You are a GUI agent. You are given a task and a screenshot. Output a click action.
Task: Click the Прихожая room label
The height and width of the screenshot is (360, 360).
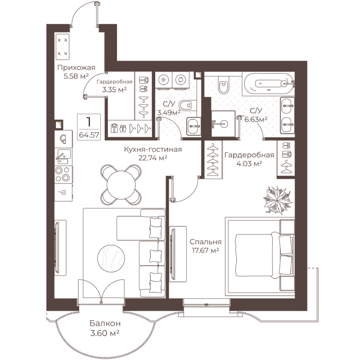tap(76, 67)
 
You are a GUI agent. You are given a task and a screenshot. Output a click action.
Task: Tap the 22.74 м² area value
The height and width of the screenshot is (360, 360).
tap(153, 158)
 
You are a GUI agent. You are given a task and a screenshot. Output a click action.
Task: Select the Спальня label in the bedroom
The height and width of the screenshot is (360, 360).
tap(206, 242)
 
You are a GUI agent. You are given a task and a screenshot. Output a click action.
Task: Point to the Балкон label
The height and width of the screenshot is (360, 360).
tap(105, 323)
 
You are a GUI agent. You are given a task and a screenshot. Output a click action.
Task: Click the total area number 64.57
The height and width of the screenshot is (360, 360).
tap(89, 135)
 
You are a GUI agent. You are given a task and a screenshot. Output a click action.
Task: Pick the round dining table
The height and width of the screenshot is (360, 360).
tap(121, 184)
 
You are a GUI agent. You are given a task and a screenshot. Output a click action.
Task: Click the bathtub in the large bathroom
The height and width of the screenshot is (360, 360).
tap(269, 84)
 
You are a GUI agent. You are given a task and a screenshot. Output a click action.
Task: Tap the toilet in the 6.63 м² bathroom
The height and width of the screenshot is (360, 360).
tap(223, 85)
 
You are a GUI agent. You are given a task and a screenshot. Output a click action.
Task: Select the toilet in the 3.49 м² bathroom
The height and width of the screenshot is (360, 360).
tap(187, 106)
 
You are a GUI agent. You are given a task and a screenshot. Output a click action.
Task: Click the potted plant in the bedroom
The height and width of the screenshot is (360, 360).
tap(278, 200)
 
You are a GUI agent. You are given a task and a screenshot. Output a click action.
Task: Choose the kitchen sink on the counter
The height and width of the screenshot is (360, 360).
tap(63, 156)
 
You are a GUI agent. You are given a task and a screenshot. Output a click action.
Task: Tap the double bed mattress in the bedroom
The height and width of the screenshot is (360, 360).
tap(254, 255)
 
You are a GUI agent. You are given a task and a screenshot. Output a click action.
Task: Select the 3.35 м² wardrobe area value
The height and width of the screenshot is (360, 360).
tap(114, 90)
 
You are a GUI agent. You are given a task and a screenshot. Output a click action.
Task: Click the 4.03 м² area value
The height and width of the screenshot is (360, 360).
tap(249, 163)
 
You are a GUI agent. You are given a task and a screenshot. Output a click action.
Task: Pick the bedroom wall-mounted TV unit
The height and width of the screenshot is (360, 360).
tap(178, 254)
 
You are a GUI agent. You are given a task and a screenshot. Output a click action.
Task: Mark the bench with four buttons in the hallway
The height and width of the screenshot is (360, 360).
tap(63, 47)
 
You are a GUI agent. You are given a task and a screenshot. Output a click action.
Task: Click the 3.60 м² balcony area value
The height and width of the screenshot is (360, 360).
tap(105, 333)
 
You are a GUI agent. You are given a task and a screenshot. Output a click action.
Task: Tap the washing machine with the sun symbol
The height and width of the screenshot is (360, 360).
tap(163, 80)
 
